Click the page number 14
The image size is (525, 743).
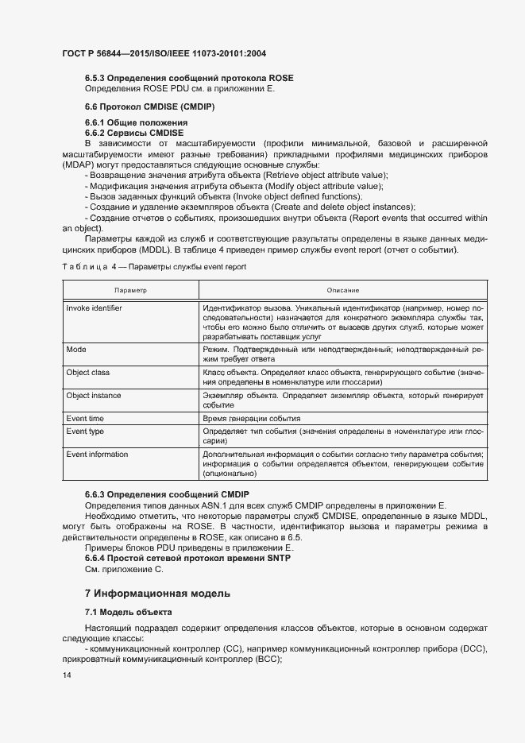(x=65, y=675)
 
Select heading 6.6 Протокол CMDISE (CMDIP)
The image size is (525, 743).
(x=150, y=106)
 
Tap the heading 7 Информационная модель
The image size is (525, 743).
(x=157, y=593)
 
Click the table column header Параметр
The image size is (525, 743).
(x=130, y=291)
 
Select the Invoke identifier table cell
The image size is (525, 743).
(x=94, y=308)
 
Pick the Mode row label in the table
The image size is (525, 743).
(x=76, y=350)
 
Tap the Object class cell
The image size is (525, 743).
(x=87, y=372)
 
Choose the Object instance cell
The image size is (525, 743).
(x=93, y=395)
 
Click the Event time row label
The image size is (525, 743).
(x=85, y=418)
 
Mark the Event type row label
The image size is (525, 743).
(x=85, y=431)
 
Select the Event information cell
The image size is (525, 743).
(x=97, y=455)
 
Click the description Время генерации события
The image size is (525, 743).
(x=252, y=418)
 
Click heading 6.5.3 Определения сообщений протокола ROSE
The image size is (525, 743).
(x=189, y=78)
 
